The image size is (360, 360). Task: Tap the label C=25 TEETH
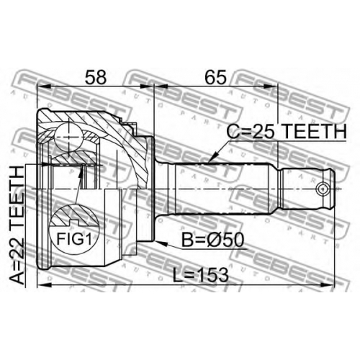pyautogui.click(x=287, y=132)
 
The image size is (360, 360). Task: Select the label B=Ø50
pyautogui.click(x=212, y=240)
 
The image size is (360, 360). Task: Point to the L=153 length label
pyautogui.click(x=201, y=275)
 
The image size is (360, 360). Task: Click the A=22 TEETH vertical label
pyautogui.click(x=17, y=225)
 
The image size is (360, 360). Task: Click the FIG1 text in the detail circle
pyautogui.click(x=74, y=239)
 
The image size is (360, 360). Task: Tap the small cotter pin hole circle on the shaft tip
pyautogui.click(x=323, y=189)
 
